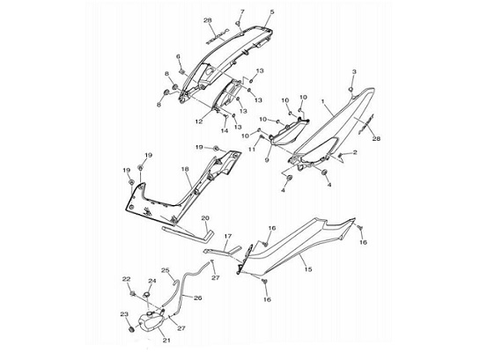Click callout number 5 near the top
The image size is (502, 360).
(x=272, y=12)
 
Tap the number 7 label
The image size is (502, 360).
(x=242, y=11)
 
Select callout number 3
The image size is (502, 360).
(x=354, y=72)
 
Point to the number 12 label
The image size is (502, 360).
(x=199, y=121)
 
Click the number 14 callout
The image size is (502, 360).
(x=225, y=130)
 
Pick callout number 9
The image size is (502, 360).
(x=267, y=160)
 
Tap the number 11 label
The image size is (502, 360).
(x=252, y=149)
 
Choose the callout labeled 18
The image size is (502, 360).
(x=185, y=169)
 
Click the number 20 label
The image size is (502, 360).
(x=205, y=218)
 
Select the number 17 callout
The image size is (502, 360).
(x=227, y=236)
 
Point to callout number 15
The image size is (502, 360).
(x=308, y=269)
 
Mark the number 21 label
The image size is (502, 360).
(x=166, y=340)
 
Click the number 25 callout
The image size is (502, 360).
(x=166, y=270)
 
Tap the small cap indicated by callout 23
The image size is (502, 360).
(x=131, y=328)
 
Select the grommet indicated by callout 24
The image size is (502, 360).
(x=146, y=294)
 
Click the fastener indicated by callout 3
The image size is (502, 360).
(x=351, y=89)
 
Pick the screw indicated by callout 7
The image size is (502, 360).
(x=239, y=24)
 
